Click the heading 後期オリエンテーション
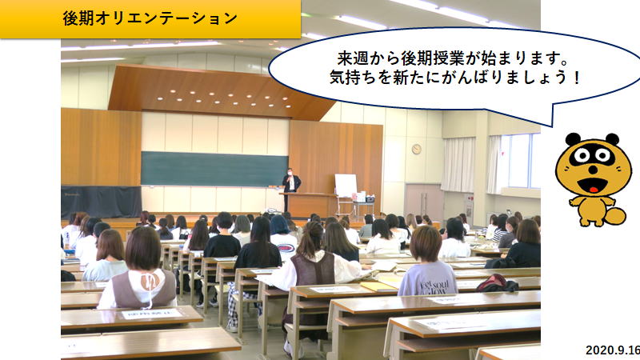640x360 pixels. [150, 18]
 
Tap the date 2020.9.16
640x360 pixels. [613, 350]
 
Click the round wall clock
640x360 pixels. [416, 149]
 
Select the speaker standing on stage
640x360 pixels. [291, 189]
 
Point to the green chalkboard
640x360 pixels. [214, 170]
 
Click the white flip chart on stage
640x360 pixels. [346, 186]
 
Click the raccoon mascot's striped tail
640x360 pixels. [614, 216]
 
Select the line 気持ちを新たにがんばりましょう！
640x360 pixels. [454, 77]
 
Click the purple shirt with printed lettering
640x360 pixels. [428, 278]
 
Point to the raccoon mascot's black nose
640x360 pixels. [593, 169]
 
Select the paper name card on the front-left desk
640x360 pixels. [152, 314]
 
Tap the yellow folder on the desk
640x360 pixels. [378, 286]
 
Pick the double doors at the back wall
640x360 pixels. [424, 203]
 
